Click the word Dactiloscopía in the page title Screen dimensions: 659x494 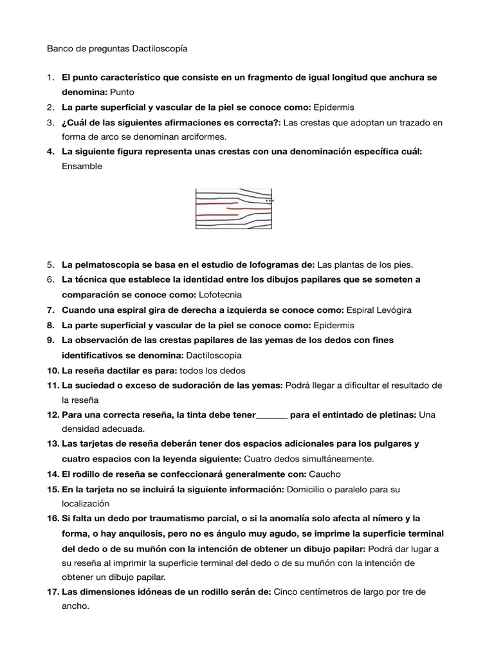pos(160,48)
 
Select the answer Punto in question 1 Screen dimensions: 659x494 pos(122,92)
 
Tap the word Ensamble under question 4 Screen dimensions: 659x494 pos(82,166)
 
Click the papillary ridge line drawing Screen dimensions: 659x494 pos(234,209)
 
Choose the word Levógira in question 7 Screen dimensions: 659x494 pos(389,310)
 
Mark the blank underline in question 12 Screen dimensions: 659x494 pos(272,415)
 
